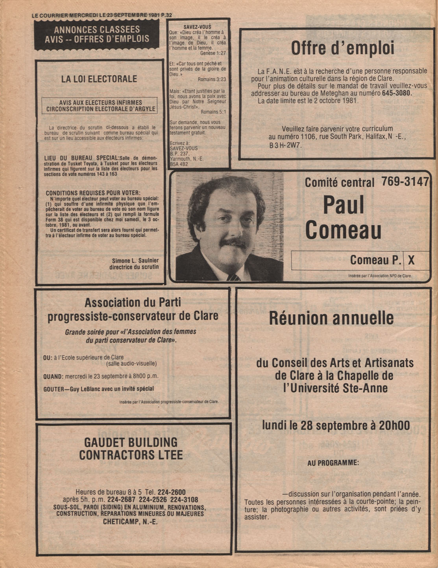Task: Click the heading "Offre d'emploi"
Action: [x=342, y=49]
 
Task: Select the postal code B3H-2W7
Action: [x=283, y=145]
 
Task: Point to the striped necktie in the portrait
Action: [x=233, y=277]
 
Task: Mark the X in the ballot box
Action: [x=411, y=260]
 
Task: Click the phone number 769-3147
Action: [x=404, y=182]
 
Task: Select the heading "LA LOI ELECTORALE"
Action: [x=99, y=79]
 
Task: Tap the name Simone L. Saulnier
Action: [x=135, y=260]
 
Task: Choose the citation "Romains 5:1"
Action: [x=213, y=112]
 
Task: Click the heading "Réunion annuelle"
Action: [x=331, y=318]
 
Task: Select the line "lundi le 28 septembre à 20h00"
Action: [x=336, y=425]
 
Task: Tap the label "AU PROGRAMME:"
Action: [x=333, y=463]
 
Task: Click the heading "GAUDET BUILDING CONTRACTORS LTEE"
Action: [x=131, y=449]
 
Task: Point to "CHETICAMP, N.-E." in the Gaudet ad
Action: [x=130, y=522]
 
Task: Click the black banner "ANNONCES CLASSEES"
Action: [x=97, y=34]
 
